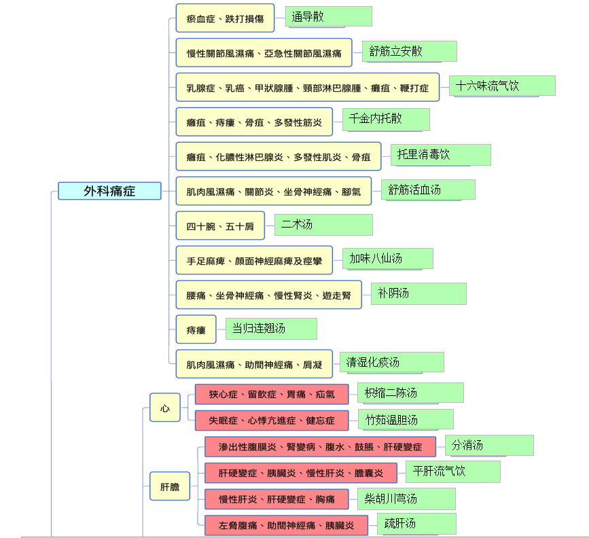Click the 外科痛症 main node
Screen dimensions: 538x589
click(109, 191)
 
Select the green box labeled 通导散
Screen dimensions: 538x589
click(328, 16)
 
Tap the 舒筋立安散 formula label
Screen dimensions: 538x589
click(409, 51)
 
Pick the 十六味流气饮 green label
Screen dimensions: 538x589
click(502, 86)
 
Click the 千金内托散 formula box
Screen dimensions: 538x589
click(385, 119)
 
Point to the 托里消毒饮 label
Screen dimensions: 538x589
click(440, 155)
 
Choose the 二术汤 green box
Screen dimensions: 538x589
click(323, 225)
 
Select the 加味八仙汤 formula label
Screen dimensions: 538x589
click(387, 259)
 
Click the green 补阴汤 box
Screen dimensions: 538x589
click(418, 293)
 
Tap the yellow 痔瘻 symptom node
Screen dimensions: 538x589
click(196, 329)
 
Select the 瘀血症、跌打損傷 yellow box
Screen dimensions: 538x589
click(225, 18)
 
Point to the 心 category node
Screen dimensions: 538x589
click(165, 408)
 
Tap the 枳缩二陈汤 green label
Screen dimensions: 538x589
click(410, 393)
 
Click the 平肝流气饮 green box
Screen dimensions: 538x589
click(452, 471)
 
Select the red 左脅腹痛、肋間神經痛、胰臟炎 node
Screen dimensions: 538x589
click(286, 525)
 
